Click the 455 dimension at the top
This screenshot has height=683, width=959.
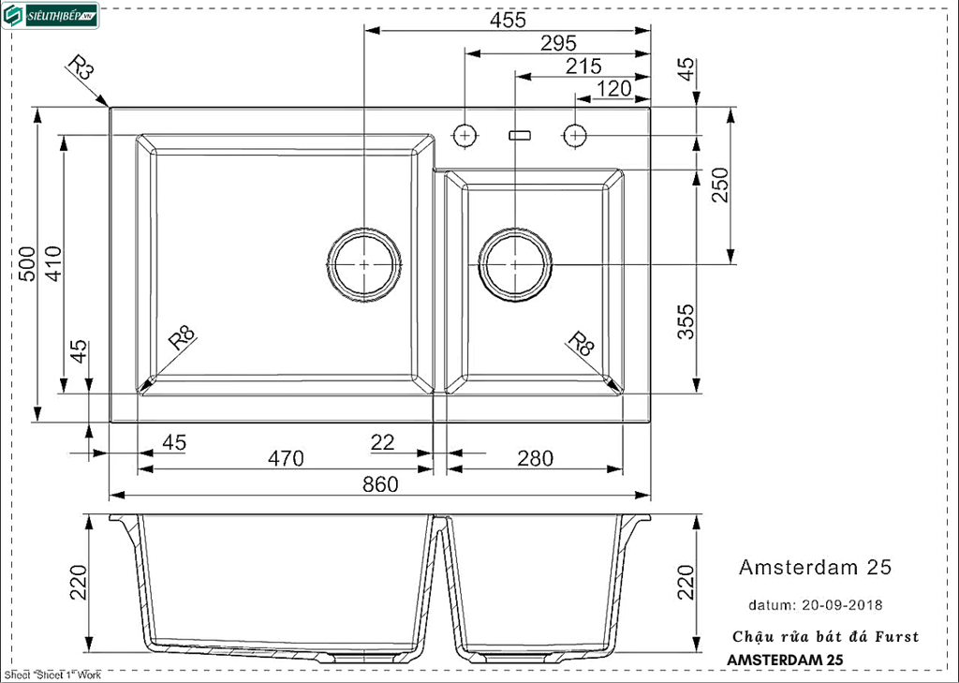[508, 20]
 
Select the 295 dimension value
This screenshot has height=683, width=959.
[558, 43]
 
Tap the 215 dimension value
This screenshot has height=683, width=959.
[583, 67]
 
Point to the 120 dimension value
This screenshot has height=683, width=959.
[613, 89]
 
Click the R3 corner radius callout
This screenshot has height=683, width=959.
[82, 70]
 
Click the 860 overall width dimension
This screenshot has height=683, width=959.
[380, 484]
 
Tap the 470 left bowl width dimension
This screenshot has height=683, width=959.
[286, 459]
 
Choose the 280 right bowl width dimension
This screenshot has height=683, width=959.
[535, 459]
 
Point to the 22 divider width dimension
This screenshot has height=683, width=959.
[382, 442]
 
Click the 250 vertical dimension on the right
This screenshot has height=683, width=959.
[719, 186]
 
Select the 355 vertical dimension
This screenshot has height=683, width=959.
[686, 321]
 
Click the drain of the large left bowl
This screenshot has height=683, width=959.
[364, 264]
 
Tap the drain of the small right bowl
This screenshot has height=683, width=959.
[515, 264]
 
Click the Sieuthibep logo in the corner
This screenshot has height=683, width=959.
[52, 16]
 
